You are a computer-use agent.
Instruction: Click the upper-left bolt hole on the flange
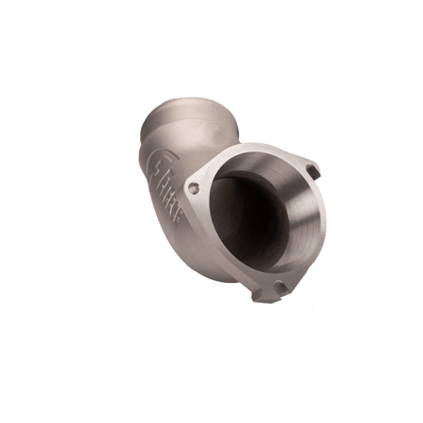tap(195, 189)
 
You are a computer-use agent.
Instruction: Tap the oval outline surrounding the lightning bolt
tap(159, 162)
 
